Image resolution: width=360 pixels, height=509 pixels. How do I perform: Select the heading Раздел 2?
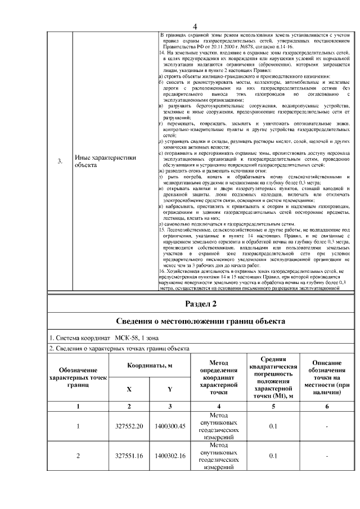click(x=201, y=304)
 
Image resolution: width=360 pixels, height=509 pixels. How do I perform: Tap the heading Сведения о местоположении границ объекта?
click(x=201, y=322)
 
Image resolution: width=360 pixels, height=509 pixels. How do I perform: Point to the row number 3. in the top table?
click(x=60, y=162)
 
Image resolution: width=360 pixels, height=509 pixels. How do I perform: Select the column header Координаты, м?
click(x=149, y=366)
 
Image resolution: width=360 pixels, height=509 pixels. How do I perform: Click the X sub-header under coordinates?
click(x=129, y=389)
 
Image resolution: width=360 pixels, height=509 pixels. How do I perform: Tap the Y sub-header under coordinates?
click(x=169, y=389)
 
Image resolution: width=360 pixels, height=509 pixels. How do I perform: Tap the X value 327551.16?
click(x=129, y=456)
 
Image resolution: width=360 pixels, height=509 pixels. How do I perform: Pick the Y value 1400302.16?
click(x=170, y=456)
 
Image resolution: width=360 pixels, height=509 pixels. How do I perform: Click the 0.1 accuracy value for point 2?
click(x=272, y=456)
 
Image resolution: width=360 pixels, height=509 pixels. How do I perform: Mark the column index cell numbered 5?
click(x=272, y=406)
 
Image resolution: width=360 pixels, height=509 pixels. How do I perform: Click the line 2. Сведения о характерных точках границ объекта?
click(x=119, y=349)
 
